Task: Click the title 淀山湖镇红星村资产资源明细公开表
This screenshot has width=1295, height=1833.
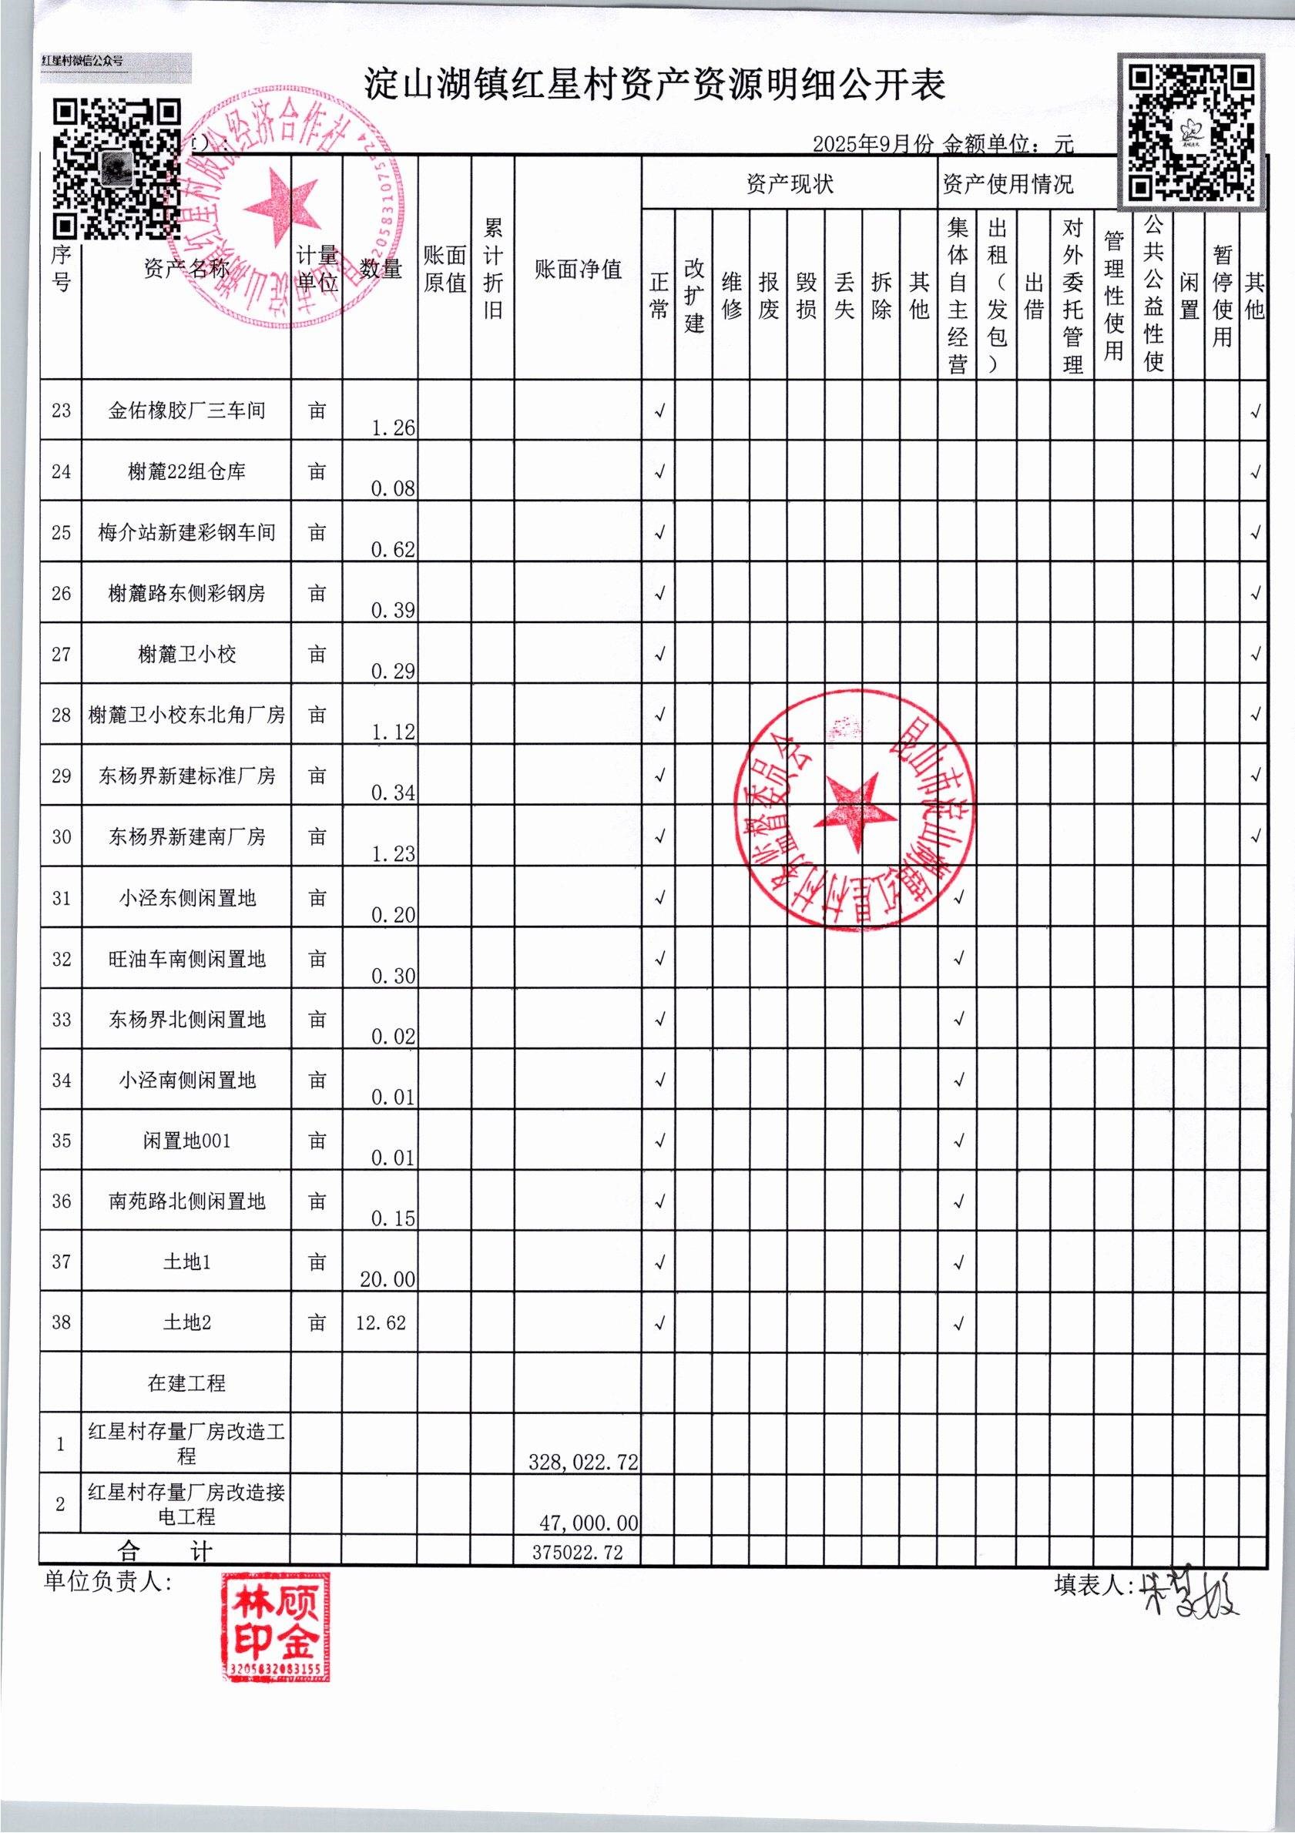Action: pyautogui.click(x=655, y=84)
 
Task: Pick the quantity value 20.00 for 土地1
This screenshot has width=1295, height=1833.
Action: pyautogui.click(x=387, y=1279)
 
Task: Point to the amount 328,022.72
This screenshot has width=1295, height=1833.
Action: pyautogui.click(x=583, y=1461)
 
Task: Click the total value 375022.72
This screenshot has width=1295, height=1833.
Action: pyautogui.click(x=577, y=1552)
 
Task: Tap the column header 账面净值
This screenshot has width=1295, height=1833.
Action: pyautogui.click(x=578, y=269)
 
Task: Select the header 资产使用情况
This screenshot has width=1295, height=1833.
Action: pyautogui.click(x=1008, y=184)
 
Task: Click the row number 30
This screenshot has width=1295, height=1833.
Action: pyautogui.click(x=62, y=836)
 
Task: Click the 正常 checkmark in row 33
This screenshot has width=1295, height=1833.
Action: pyautogui.click(x=659, y=1019)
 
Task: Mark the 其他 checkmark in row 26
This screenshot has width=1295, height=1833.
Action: pyautogui.click(x=1255, y=593)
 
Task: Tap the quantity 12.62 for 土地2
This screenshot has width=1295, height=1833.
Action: pyautogui.click(x=381, y=1323)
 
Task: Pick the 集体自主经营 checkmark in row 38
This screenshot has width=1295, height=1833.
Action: pyautogui.click(x=958, y=1323)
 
